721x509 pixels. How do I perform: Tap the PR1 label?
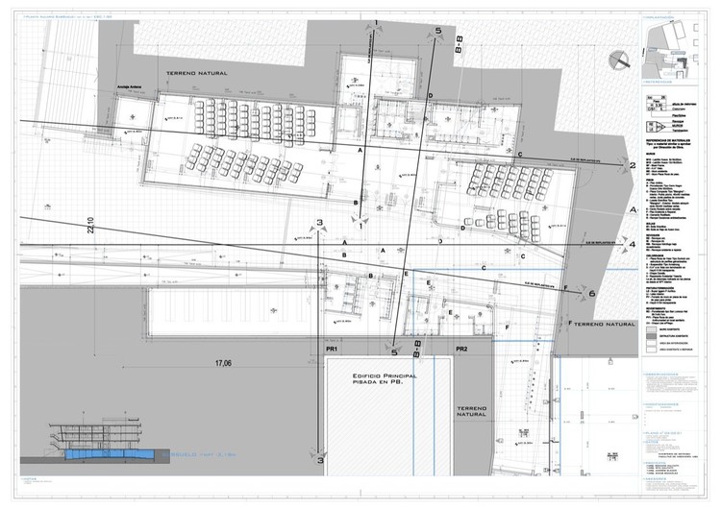(x=332, y=350)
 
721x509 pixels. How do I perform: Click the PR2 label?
(x=462, y=350)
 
